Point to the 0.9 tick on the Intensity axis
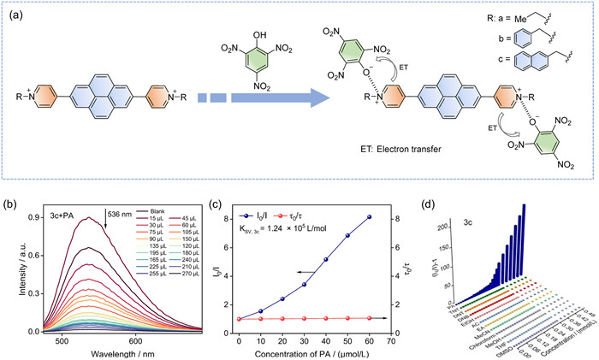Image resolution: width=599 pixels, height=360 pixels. click(27, 218)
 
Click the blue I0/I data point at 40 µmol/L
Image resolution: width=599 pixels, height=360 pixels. click(326, 260)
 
